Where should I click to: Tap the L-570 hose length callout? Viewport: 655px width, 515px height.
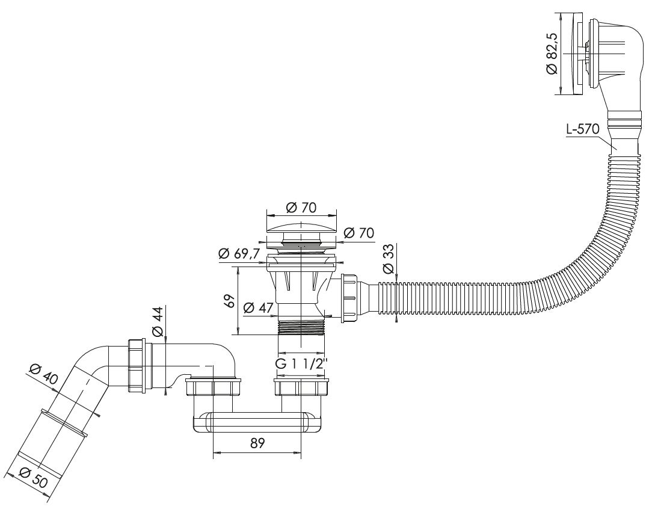(582, 129)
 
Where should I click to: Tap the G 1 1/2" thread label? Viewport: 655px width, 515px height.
(301, 364)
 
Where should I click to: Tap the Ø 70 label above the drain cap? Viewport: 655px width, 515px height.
(301, 208)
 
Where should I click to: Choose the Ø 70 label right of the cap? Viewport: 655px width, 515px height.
(359, 233)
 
